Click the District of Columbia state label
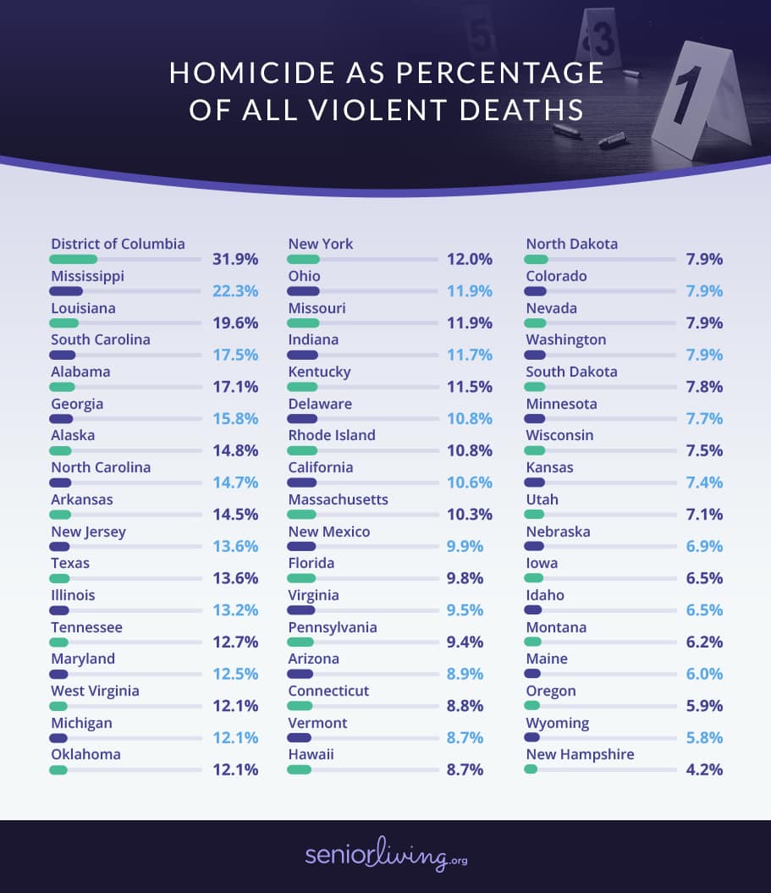(118, 244)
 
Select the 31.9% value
(234, 259)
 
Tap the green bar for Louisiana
(64, 323)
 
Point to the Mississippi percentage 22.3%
(234, 291)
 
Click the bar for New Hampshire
(531, 769)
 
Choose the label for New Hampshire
(580, 754)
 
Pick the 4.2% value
(704, 769)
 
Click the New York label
(321, 244)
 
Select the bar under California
(302, 482)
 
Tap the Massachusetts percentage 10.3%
(470, 515)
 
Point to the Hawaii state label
(311, 754)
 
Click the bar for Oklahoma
(58, 769)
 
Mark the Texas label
(70, 563)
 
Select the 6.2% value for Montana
(704, 642)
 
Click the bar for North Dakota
(537, 259)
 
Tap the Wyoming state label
(558, 723)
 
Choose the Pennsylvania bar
(301, 642)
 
